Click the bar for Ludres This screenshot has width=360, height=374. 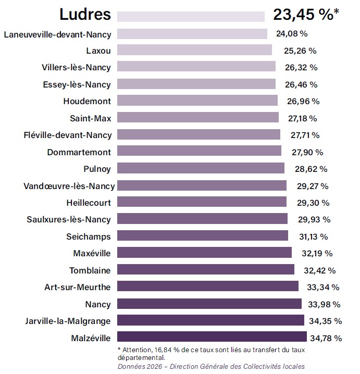[191, 16]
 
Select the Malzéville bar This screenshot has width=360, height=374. [212, 337]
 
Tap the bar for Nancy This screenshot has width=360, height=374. [209, 303]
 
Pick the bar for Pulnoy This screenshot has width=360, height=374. [201, 168]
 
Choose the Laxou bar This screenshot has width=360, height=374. [194, 50]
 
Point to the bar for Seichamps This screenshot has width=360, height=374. [202, 236]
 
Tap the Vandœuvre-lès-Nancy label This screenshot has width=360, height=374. [69, 185]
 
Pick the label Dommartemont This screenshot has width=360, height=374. [79, 152]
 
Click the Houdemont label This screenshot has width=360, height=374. [87, 101]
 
